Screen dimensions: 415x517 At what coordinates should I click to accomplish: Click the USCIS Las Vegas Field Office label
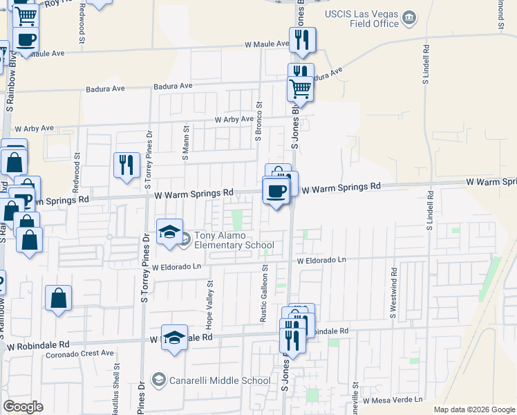pyautogui.click(x=361, y=19)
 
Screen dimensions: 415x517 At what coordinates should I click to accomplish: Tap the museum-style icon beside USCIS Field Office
pyautogui.click(x=409, y=17)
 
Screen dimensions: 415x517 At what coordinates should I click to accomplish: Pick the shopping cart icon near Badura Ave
pyautogui.click(x=301, y=89)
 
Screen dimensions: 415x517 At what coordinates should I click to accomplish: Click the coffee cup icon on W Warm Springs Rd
pyautogui.click(x=276, y=190)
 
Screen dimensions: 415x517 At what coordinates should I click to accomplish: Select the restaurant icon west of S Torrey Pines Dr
pyautogui.click(x=126, y=165)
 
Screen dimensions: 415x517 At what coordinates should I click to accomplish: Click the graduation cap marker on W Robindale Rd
pyautogui.click(x=175, y=338)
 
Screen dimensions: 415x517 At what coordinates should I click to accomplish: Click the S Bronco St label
pyautogui.click(x=258, y=122)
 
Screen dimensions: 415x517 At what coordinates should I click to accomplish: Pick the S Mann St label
pyautogui.click(x=185, y=143)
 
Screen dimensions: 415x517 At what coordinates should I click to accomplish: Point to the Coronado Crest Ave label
pyautogui.click(x=79, y=353)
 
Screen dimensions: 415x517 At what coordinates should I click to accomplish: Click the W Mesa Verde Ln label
pyautogui.click(x=387, y=400)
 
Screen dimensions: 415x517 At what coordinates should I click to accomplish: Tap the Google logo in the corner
pyautogui.click(x=23, y=406)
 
